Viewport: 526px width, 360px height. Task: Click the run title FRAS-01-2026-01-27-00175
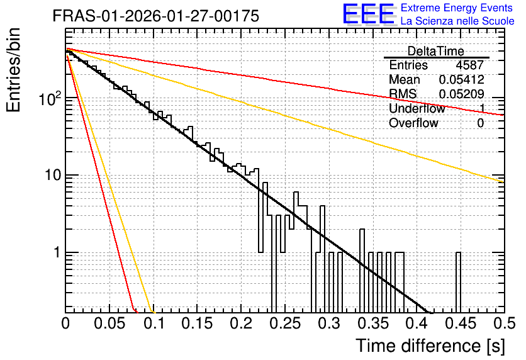(x=155, y=16)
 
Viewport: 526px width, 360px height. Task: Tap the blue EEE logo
(x=368, y=14)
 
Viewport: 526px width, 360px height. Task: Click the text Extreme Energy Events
(x=457, y=8)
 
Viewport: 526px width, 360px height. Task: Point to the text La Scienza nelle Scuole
(x=457, y=21)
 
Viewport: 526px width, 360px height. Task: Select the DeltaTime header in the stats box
(x=436, y=51)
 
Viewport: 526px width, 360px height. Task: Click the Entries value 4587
(x=469, y=65)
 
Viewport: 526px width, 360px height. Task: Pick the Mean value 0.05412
(x=462, y=79)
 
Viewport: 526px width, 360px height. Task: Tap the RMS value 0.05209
(x=462, y=94)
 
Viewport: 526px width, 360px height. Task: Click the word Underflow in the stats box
(x=417, y=108)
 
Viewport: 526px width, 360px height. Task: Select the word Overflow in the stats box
(x=413, y=123)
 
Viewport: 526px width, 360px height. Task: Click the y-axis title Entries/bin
(x=13, y=70)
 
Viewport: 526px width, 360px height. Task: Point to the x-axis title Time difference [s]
(x=430, y=346)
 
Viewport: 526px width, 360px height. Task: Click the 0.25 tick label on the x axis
(x=286, y=323)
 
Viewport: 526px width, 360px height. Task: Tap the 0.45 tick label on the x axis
(x=461, y=323)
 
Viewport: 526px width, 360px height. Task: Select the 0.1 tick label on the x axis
(x=155, y=323)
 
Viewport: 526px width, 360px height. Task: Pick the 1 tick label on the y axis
(x=57, y=252)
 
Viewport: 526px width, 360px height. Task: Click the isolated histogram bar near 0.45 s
(x=458, y=283)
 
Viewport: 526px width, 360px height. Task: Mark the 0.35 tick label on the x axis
(x=373, y=323)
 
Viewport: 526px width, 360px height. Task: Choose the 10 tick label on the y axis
(x=53, y=175)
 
